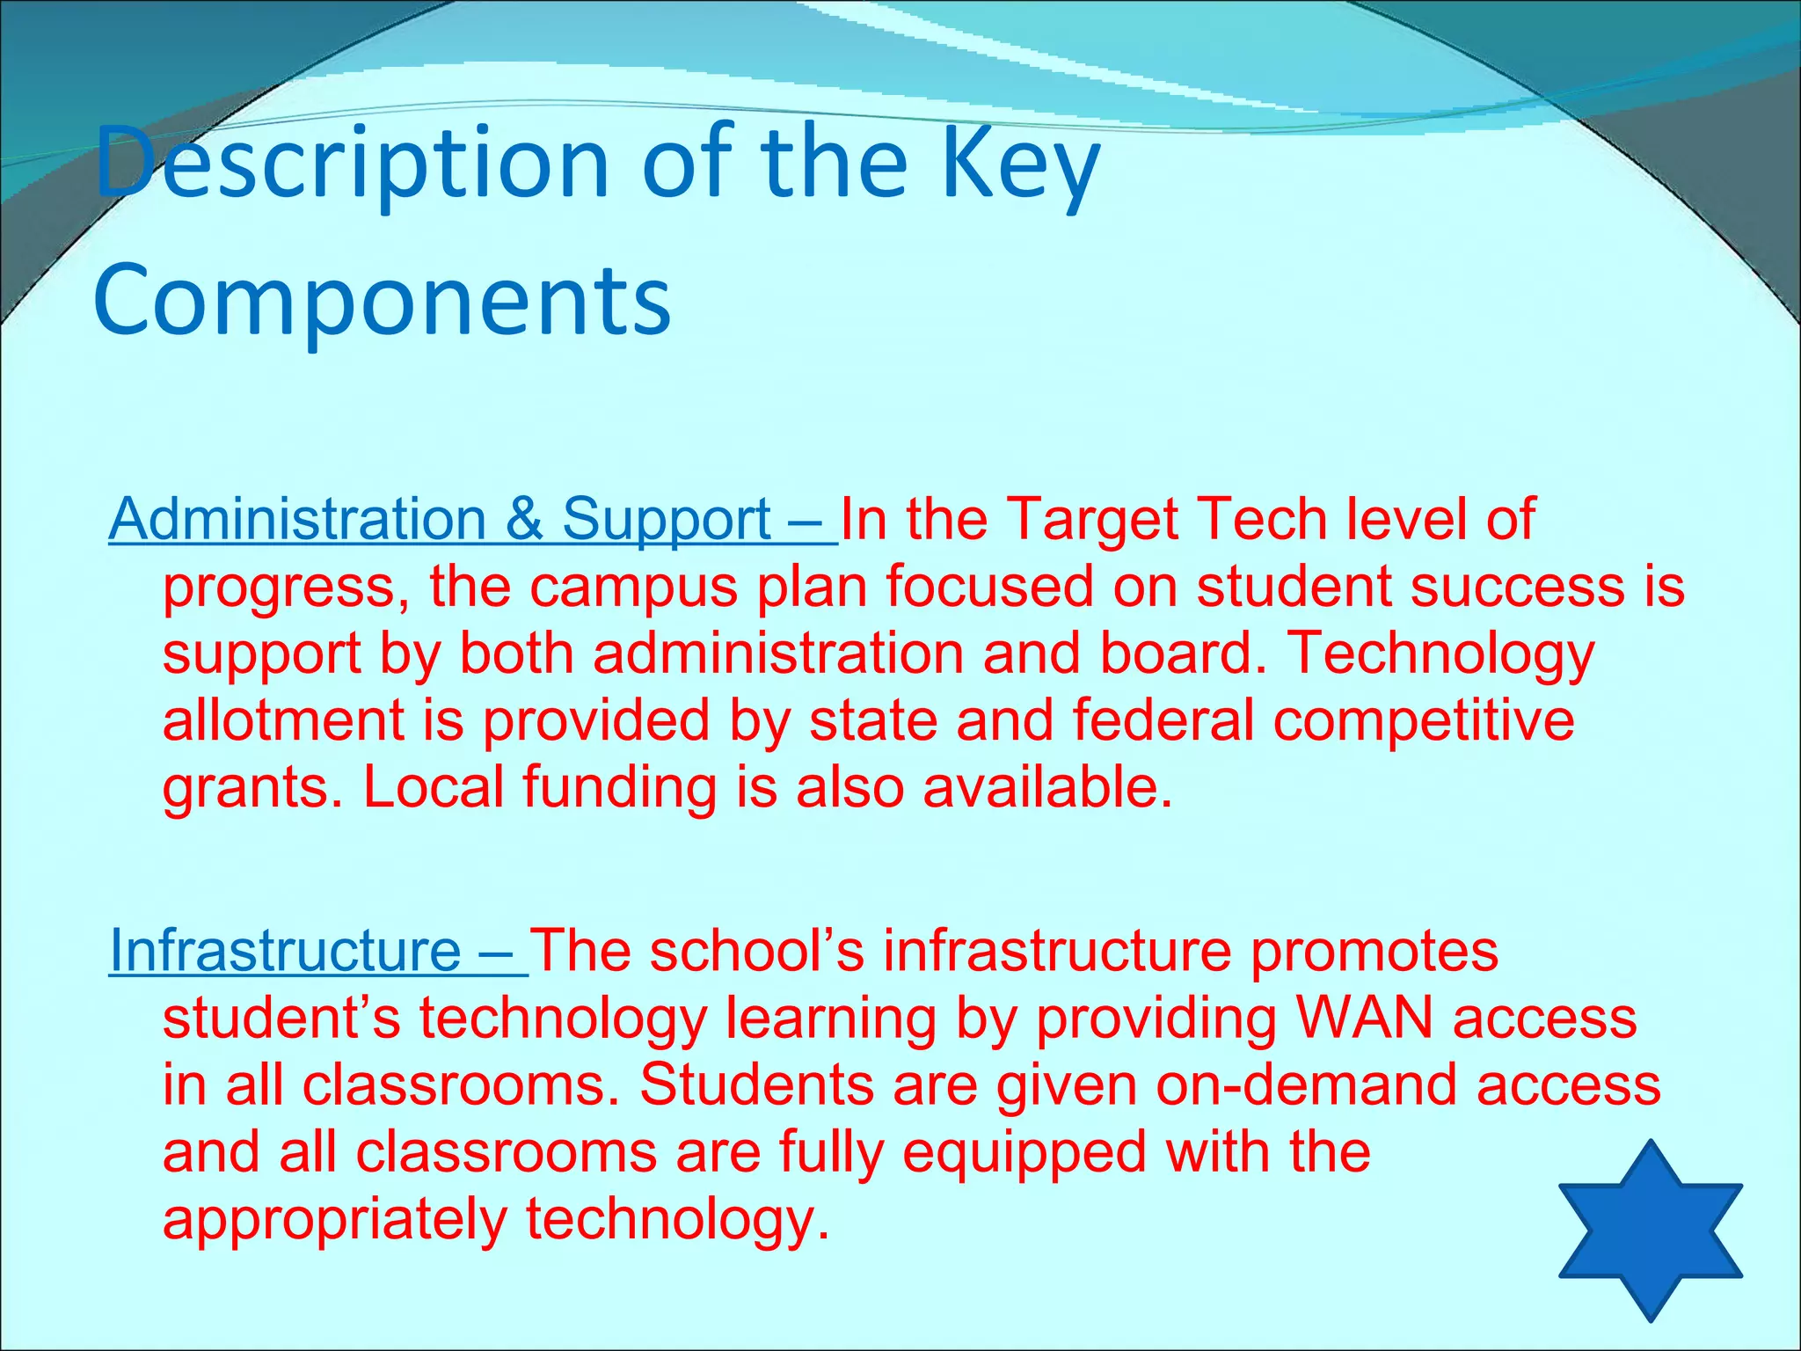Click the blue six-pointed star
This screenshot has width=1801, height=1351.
(1650, 1231)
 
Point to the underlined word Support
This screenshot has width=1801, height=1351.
(667, 521)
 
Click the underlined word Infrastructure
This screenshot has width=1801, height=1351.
(285, 952)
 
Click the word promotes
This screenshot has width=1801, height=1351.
(1374, 952)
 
